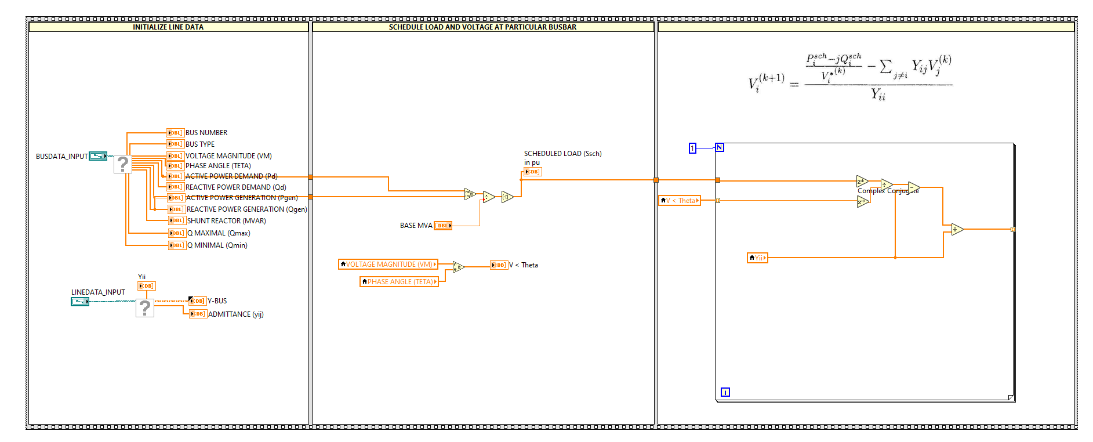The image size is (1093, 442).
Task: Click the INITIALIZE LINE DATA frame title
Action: (168, 27)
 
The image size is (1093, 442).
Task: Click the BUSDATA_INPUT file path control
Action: (97, 156)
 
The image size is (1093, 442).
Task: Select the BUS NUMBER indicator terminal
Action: (175, 133)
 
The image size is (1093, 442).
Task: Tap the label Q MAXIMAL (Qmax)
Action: (219, 233)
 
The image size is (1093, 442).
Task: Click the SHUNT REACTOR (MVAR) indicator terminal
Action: (176, 221)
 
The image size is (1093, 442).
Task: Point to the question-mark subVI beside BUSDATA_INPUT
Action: (122, 164)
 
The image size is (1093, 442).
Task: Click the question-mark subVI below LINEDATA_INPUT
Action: (145, 308)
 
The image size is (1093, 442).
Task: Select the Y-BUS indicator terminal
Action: (198, 301)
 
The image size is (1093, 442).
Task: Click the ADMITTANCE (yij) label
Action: (235, 314)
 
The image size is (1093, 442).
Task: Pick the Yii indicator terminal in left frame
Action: (146, 286)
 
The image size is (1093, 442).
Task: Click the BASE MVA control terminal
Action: (443, 226)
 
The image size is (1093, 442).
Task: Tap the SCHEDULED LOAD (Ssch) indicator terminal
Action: (532, 172)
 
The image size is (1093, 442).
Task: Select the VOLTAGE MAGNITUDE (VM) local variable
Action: (388, 265)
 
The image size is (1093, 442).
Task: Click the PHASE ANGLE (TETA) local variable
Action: (399, 282)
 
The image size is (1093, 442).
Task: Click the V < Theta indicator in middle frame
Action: (499, 265)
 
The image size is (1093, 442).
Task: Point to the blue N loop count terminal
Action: (720, 147)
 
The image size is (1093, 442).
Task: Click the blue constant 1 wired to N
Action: (692, 148)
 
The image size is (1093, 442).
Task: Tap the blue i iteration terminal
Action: (725, 393)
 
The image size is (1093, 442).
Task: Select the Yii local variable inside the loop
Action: (757, 258)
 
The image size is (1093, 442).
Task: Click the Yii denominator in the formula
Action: (878, 95)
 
